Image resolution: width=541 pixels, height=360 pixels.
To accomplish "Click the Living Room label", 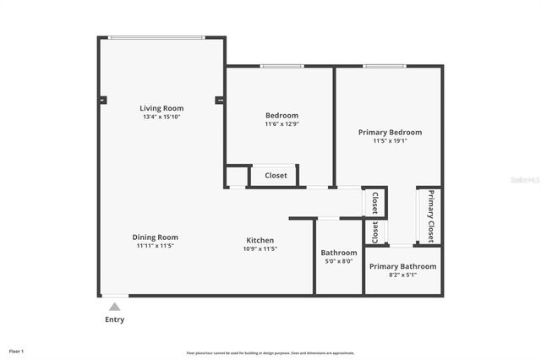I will point(161,108).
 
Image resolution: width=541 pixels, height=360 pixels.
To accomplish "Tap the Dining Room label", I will point(155,237).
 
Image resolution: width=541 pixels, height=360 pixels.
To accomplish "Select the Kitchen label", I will point(260,240).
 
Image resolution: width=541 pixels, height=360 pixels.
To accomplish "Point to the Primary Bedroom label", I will point(390,132).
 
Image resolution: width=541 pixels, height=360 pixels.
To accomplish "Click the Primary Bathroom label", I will point(402,266).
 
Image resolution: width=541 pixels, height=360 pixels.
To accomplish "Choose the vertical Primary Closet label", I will point(430,216).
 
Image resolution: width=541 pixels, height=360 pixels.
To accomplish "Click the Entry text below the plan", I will point(114,319).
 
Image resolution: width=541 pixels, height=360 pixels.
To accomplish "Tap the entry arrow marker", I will point(114,306).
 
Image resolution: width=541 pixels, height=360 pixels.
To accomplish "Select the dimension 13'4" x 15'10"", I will point(161,117).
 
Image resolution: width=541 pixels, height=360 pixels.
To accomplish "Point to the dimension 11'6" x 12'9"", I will point(281,124).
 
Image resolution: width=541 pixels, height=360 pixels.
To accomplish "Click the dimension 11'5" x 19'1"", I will point(390,141).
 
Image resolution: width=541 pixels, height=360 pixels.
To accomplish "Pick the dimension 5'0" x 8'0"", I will point(338,261).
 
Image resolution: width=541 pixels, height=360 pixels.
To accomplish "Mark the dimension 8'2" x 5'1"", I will point(402,275).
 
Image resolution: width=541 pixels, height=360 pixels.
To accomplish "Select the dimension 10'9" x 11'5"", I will point(260,248).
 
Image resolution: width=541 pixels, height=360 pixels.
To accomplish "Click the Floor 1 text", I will point(16,350).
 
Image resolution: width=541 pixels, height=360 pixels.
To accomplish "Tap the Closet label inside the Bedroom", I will point(276,176).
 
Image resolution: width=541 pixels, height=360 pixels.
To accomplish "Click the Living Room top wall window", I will point(156,37).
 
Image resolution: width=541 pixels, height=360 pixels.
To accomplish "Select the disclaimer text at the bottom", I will point(270,352).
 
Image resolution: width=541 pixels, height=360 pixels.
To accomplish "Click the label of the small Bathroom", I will point(338,253).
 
